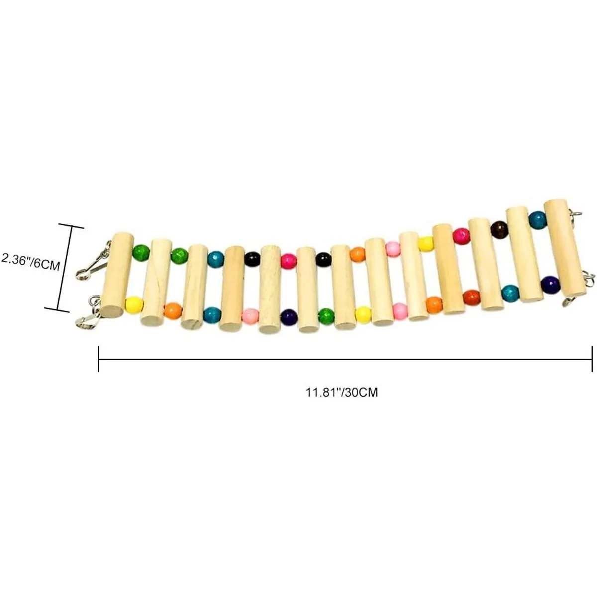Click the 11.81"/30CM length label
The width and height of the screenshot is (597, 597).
(x=342, y=392)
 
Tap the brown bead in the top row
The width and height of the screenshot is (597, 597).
(x=498, y=229)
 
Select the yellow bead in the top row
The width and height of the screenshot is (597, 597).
(x=426, y=244)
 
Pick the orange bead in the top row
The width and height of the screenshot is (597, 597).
(x=358, y=254)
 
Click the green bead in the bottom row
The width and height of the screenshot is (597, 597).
(x=326, y=316)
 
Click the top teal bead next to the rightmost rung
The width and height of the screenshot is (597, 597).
(x=537, y=220)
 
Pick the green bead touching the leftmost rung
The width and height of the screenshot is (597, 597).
(x=141, y=253)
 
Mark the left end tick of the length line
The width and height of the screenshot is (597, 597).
(x=99, y=359)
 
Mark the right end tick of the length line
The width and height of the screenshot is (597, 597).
(x=592, y=359)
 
